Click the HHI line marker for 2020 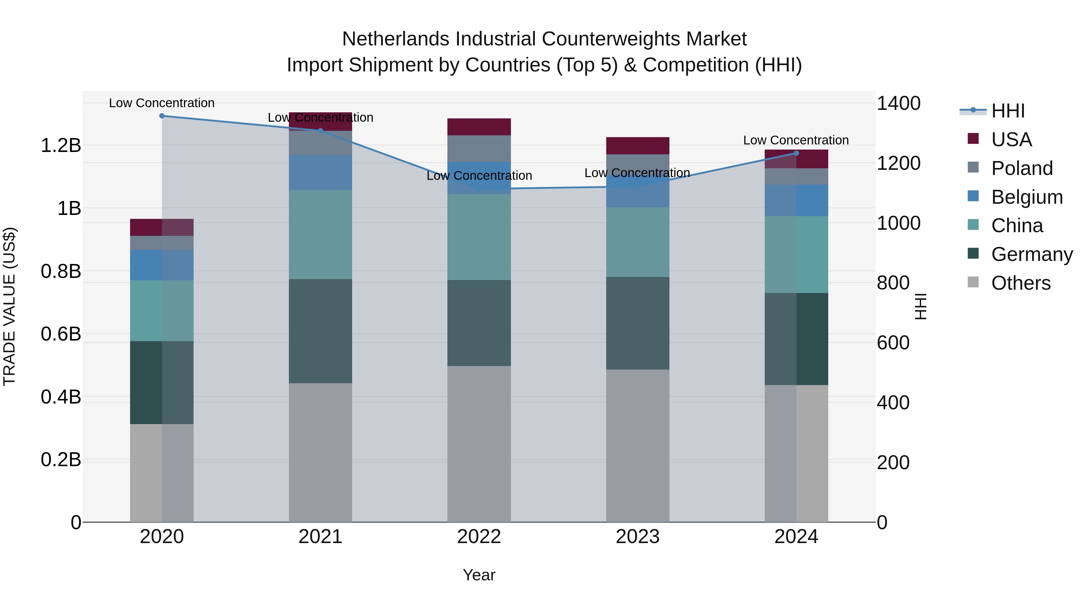click(x=162, y=116)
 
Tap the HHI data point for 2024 click(x=796, y=153)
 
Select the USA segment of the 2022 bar click(x=479, y=127)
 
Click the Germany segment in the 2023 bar click(x=637, y=323)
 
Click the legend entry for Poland click(x=1022, y=168)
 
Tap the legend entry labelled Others click(x=1021, y=283)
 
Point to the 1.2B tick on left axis click(x=61, y=146)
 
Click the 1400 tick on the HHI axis click(x=898, y=103)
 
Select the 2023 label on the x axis click(x=637, y=537)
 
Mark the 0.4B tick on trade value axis click(x=61, y=397)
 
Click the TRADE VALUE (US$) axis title click(x=9, y=306)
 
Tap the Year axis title click(x=479, y=575)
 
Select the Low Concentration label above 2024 click(x=796, y=140)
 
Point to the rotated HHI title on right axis click(x=920, y=306)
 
